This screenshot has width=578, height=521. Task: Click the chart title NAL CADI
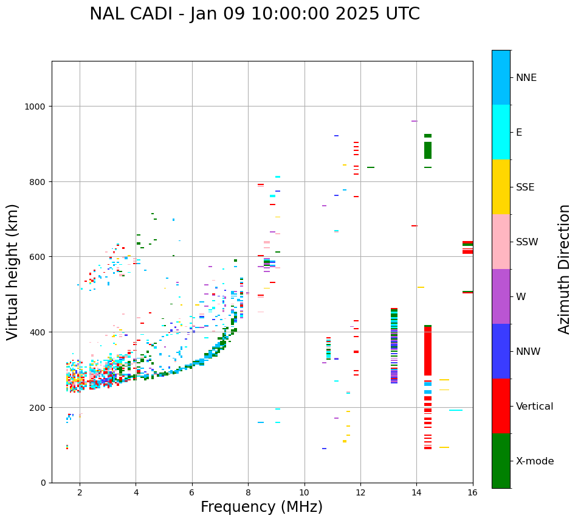(x=254, y=14)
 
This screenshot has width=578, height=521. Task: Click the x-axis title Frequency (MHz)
(x=261, y=507)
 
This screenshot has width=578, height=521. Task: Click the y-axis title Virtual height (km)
(x=13, y=271)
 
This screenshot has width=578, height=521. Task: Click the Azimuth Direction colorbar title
(x=565, y=269)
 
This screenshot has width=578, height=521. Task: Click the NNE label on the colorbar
(x=526, y=78)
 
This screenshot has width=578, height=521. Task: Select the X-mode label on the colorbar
(x=535, y=461)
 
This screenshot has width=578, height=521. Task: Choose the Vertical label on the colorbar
(x=535, y=407)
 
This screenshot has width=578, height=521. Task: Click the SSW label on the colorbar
(x=527, y=242)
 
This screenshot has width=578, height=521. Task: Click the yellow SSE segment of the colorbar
(x=501, y=187)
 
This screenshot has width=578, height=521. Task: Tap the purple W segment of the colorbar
(x=501, y=296)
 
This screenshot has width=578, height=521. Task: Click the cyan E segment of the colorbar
(x=501, y=132)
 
